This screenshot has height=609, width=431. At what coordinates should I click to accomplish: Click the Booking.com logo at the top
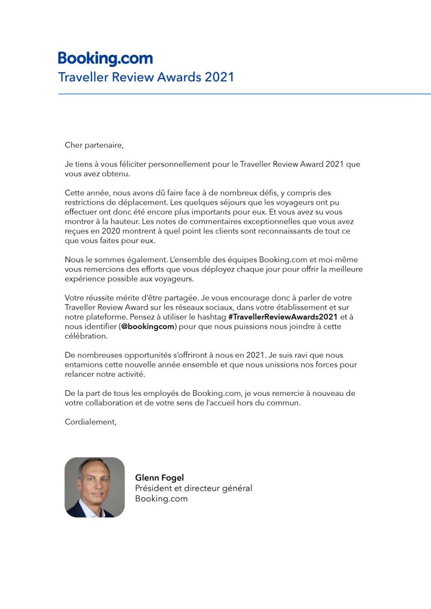tap(105, 58)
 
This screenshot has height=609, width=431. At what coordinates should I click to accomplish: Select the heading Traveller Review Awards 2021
tap(146, 77)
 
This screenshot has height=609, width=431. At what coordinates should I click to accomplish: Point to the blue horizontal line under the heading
tap(244, 94)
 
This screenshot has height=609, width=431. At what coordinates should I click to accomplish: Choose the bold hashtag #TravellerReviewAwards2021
tap(283, 317)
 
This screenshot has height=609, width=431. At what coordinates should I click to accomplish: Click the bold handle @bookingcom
tap(148, 326)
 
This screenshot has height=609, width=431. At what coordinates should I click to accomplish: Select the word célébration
tap(86, 336)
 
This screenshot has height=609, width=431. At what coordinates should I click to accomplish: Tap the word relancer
tap(79, 374)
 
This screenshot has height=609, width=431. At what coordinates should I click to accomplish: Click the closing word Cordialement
tap(90, 422)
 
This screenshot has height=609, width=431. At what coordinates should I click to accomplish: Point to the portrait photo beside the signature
tap(94, 487)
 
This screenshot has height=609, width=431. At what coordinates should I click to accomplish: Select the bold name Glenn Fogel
tap(159, 478)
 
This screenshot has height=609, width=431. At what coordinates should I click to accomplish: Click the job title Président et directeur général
tap(193, 488)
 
